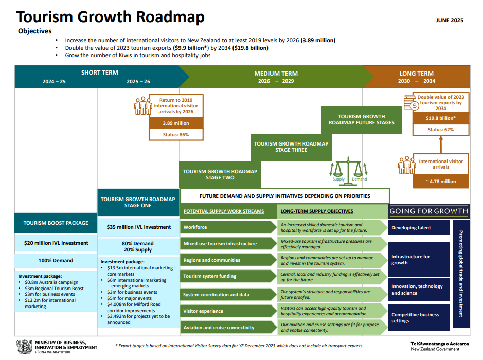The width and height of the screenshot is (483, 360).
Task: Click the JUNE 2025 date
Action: (450, 21)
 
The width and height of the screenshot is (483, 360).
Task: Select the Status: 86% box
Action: (176, 135)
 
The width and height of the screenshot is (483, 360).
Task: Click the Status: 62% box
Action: (440, 130)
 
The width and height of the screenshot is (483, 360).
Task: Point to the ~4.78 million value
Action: (441, 182)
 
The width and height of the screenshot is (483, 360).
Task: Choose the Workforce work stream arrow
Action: (228, 227)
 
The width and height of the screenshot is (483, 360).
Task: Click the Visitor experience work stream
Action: (228, 311)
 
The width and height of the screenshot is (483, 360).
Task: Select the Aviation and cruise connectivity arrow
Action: (228, 328)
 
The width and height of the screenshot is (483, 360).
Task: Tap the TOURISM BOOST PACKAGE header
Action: (56, 223)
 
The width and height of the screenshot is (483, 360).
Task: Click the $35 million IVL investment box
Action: (138, 227)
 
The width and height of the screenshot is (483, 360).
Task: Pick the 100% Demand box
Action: (56, 261)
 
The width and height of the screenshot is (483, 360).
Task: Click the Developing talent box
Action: (419, 228)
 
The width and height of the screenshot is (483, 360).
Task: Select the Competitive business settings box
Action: (419, 317)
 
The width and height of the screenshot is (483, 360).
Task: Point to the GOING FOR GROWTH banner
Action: (429, 211)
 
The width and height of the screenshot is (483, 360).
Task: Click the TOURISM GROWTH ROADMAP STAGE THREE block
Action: (291, 147)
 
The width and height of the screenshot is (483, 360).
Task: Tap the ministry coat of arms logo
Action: (24, 347)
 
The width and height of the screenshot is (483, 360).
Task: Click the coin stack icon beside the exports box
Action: (411, 102)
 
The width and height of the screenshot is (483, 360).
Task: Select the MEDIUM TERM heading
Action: (276, 74)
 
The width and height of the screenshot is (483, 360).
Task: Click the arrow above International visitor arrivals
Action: (441, 145)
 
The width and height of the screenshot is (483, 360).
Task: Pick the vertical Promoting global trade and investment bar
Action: (461, 274)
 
